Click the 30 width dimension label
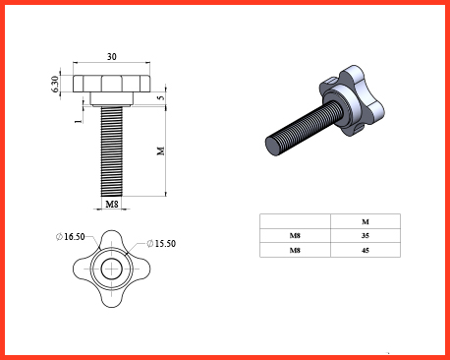[112, 57]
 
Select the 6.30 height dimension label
[55, 84]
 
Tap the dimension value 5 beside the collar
[160, 97]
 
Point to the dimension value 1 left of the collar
[78, 121]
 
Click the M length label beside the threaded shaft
[160, 150]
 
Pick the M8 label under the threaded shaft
[112, 205]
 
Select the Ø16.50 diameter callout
[71, 236]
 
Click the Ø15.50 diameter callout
[161, 243]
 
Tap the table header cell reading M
[366, 221]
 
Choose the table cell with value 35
[366, 236]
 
